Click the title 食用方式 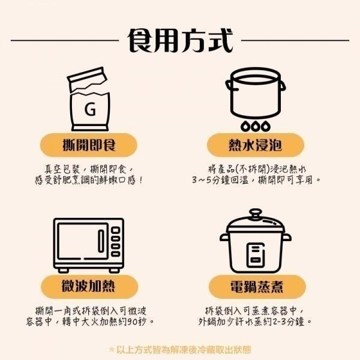tap(180, 40)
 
